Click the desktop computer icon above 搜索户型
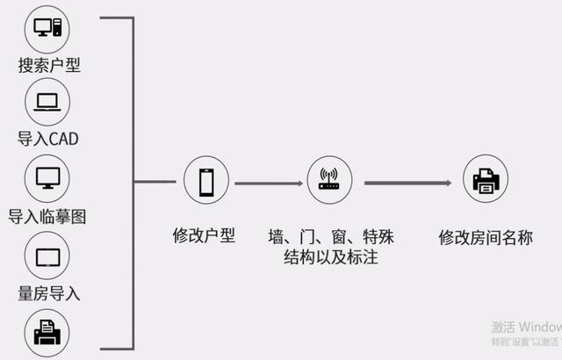(48, 28)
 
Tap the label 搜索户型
(49, 65)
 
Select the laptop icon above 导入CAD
(48, 103)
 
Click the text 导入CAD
(48, 139)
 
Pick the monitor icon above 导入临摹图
(48, 179)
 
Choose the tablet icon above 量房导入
(48, 256)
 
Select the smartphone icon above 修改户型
(206, 181)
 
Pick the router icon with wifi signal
(329, 181)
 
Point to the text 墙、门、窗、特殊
(331, 236)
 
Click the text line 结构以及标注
(331, 258)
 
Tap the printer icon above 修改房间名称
(485, 181)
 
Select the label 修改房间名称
(485, 237)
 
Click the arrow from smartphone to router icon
(268, 184)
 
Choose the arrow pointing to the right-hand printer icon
(407, 183)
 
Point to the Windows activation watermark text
(526, 331)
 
